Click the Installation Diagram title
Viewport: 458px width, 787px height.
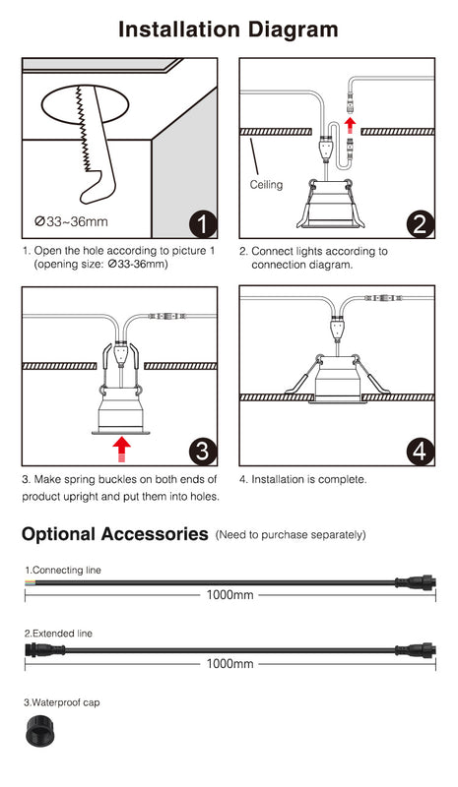click(229, 30)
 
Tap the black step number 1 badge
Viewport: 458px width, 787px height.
click(202, 224)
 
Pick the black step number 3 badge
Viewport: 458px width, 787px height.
click(202, 452)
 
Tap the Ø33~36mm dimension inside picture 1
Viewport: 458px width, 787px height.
click(71, 222)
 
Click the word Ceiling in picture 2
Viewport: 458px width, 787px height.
click(266, 184)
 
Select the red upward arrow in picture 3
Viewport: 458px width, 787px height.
click(121, 448)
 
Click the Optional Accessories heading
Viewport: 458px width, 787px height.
click(114, 534)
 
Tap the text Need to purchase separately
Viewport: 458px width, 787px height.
click(291, 535)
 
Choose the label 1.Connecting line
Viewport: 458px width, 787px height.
click(63, 570)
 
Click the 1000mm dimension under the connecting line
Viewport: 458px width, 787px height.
click(229, 595)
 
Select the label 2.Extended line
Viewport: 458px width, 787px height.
click(58, 634)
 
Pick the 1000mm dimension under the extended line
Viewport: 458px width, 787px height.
click(229, 664)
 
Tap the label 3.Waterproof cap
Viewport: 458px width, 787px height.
click(62, 702)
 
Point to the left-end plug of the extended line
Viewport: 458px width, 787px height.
click(44, 650)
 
